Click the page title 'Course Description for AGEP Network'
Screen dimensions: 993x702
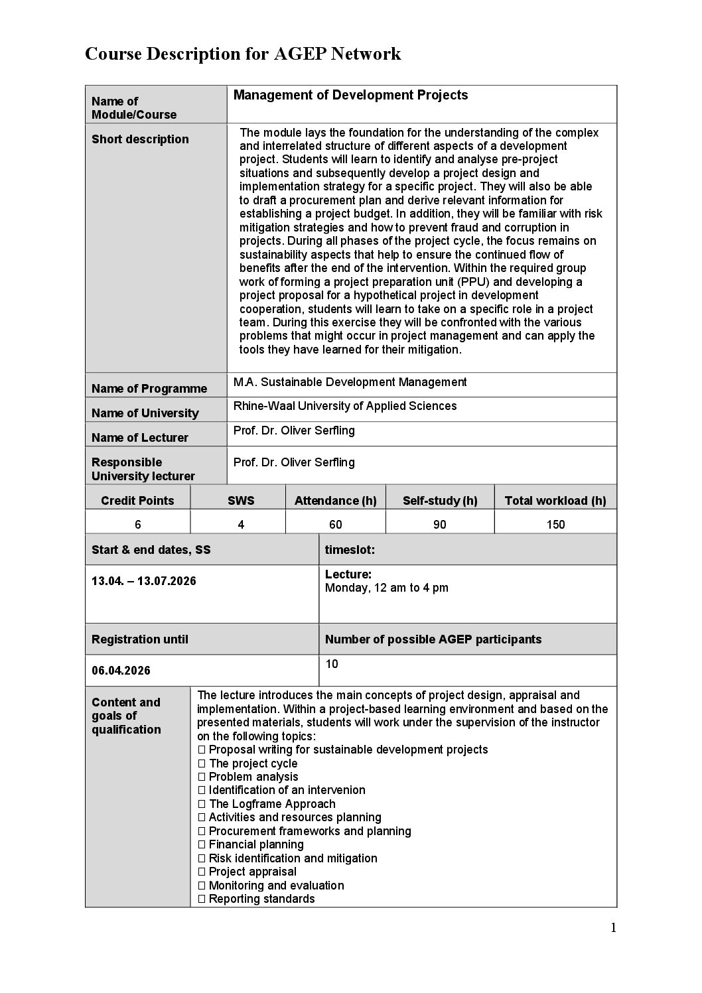pos(243,54)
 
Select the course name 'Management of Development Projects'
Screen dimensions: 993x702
pos(350,96)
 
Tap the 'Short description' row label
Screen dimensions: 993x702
pos(140,139)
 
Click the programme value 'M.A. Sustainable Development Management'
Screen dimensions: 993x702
pos(350,382)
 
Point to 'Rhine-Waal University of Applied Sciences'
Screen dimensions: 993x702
pos(345,406)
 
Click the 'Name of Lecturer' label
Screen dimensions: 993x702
pos(140,438)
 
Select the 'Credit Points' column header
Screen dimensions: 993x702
pos(137,501)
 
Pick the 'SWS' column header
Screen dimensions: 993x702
pos(241,501)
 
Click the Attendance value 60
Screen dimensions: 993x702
pos(336,525)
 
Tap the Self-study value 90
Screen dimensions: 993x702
pos(439,525)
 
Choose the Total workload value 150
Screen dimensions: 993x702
pos(555,525)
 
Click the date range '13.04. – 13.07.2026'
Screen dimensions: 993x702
pos(144,581)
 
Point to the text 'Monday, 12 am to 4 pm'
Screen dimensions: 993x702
pos(387,588)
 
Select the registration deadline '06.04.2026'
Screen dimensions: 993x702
pos(121,671)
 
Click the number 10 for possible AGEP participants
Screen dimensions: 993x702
pos(332,664)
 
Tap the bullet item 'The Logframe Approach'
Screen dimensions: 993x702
pos(272,804)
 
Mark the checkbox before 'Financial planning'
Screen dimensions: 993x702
pos(202,845)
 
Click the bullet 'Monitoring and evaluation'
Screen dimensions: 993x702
pos(276,886)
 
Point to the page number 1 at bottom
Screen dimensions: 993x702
pos(613,928)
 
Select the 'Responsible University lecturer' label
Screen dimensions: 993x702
pos(143,469)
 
